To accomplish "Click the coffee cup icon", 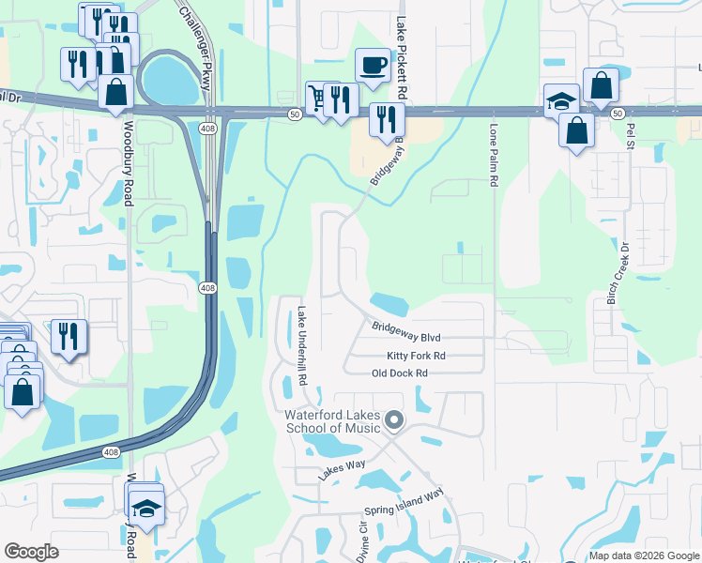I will coord(373,66).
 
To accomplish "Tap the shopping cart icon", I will coord(320,98).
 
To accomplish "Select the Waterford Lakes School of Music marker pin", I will coord(394,422).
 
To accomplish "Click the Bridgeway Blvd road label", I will coord(405,330).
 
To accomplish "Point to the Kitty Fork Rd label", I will coord(416,357).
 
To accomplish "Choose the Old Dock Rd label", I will coord(400,373).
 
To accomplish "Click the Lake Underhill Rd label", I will coord(303,348).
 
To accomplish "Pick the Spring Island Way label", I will coord(404,506).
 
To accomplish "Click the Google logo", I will coord(32,551).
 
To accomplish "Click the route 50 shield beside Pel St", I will coord(616,113).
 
